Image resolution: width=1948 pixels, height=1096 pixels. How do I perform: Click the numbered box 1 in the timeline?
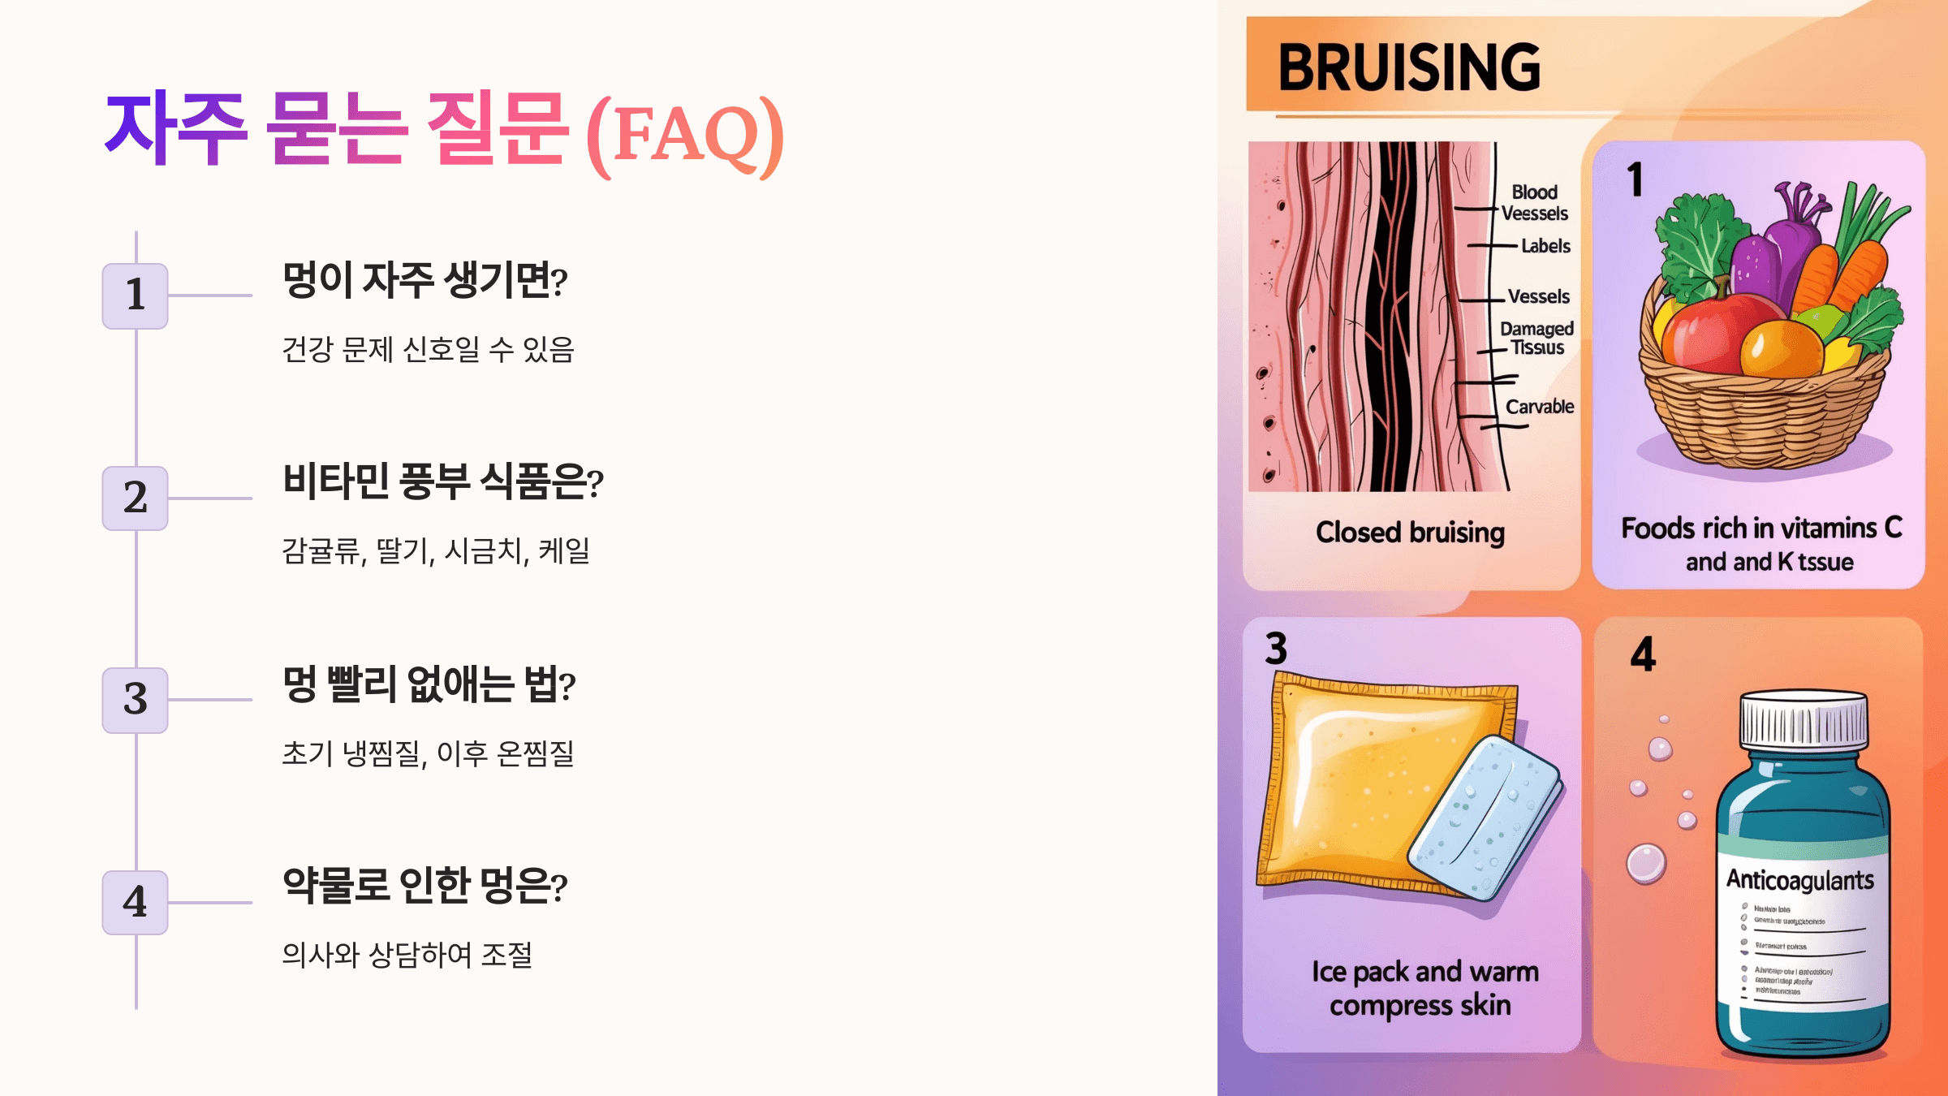(135, 296)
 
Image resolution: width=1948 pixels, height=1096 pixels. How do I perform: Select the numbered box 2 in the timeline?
(135, 498)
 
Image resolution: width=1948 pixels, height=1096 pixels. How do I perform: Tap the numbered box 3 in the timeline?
(135, 700)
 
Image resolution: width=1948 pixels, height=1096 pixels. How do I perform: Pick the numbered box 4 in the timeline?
(135, 902)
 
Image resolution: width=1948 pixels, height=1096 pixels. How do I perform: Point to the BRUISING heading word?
(1409, 67)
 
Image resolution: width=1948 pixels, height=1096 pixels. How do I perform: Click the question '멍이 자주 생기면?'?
(425, 281)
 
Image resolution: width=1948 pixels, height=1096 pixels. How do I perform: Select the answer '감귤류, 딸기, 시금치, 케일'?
(436, 551)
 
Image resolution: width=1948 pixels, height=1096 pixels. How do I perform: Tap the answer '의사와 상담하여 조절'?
(407, 955)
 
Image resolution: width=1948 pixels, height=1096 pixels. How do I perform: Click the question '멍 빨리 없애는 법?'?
(429, 684)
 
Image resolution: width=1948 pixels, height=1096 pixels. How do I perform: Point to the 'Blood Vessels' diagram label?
(1534, 203)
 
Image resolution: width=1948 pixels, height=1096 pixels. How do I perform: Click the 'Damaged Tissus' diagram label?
(1536, 338)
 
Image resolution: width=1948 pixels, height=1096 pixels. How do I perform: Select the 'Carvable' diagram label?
(1540, 407)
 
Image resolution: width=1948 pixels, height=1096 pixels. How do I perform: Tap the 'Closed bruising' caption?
(1410, 533)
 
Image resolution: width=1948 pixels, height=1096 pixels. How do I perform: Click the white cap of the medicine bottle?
(1804, 718)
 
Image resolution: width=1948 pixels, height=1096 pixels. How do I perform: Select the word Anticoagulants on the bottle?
(1800, 880)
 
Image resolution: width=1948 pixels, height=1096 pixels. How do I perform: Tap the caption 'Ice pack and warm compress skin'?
(1424, 988)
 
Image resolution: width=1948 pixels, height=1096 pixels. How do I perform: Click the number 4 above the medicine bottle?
(1643, 654)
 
